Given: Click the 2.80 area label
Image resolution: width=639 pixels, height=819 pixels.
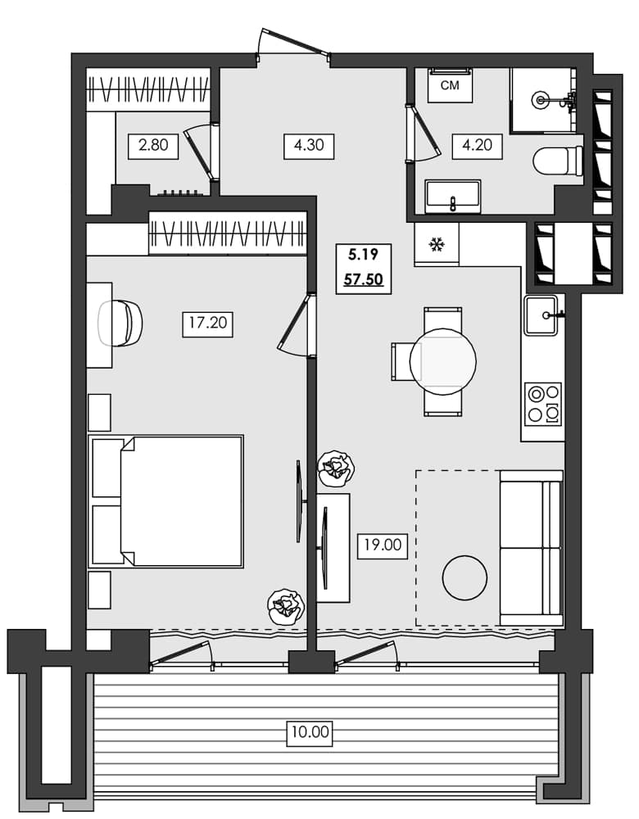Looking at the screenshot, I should click(x=153, y=147).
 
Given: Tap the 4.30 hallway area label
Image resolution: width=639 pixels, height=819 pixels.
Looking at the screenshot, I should click(x=309, y=147).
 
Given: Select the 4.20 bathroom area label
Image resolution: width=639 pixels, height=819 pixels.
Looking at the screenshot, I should click(x=477, y=147).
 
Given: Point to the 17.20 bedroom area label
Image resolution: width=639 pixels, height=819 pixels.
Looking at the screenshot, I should click(x=207, y=323).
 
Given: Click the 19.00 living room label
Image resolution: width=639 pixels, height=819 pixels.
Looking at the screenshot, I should click(x=383, y=544).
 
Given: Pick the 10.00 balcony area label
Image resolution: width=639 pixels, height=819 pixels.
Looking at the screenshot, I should click(x=310, y=732).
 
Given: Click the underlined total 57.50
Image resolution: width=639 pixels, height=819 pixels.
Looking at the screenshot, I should click(x=363, y=279).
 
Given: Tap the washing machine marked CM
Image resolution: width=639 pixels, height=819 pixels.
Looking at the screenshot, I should click(x=450, y=86).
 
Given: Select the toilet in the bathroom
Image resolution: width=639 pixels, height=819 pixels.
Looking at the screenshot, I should click(x=559, y=161).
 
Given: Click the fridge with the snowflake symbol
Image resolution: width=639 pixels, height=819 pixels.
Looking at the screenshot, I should click(x=436, y=244).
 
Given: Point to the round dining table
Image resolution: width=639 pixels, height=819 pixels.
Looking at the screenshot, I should click(x=443, y=361).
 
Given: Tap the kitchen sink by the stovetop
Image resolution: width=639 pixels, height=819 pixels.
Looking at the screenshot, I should click(x=542, y=315).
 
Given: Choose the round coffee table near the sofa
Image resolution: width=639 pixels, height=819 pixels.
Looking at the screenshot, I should click(x=465, y=577).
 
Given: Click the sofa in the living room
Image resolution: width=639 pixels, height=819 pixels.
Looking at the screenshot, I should click(x=531, y=547).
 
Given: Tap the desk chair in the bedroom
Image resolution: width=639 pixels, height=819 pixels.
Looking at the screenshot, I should click(x=122, y=323).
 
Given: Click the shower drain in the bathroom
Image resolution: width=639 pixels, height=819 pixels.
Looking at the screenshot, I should click(x=541, y=100).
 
